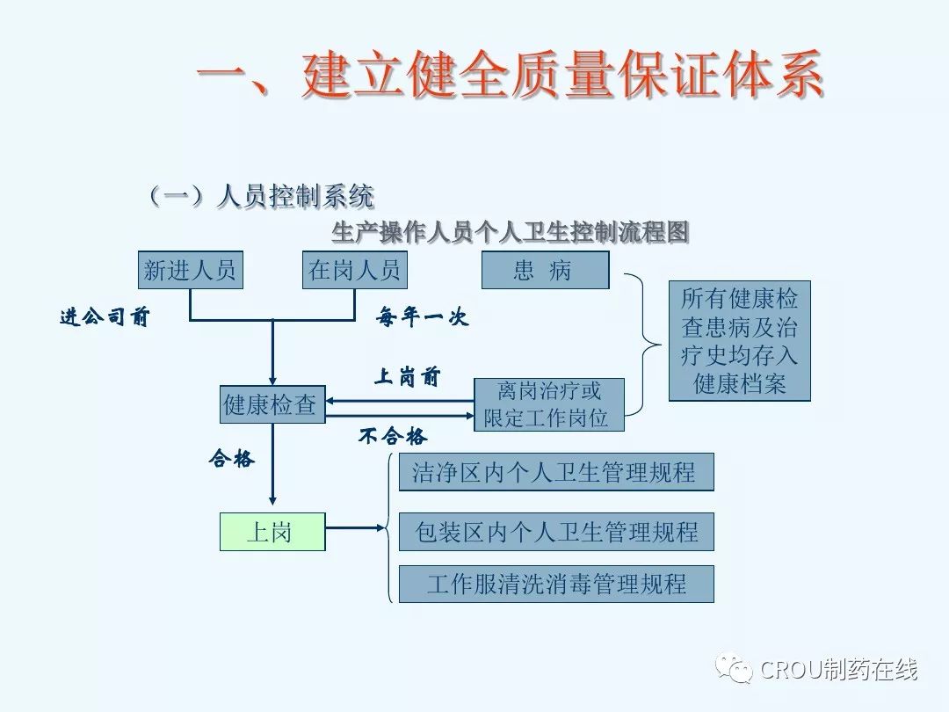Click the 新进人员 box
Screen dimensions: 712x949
point(190,271)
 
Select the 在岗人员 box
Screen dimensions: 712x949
point(354,271)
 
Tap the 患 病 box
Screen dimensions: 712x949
point(545,271)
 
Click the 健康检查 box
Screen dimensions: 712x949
point(272,404)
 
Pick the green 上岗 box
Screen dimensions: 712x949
point(272,532)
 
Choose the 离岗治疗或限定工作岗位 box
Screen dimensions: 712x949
point(548,404)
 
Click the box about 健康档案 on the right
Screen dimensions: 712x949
point(739,341)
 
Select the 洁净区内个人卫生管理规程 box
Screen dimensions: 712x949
point(556,473)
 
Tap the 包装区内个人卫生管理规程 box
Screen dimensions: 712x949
point(556,532)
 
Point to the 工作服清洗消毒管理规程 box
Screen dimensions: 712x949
point(556,584)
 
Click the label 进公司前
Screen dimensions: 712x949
point(105,317)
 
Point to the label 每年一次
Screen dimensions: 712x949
point(423,317)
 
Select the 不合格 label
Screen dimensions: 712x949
point(393,436)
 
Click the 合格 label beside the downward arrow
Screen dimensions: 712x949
point(231,458)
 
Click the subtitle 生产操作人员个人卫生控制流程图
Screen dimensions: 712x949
point(511,232)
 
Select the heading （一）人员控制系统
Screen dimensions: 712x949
point(261,196)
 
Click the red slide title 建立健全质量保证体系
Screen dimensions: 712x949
point(510,75)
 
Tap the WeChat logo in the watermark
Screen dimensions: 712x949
point(735,670)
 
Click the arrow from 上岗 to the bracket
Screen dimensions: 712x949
point(356,528)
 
